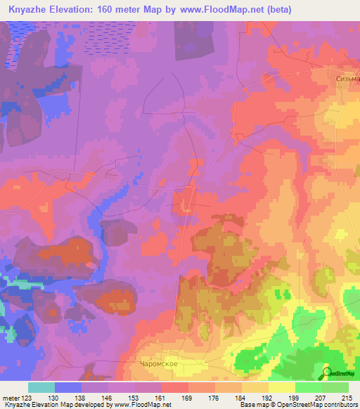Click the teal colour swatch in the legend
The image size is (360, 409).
click(x=41, y=387)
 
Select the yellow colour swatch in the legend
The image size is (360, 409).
click(x=281, y=387)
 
